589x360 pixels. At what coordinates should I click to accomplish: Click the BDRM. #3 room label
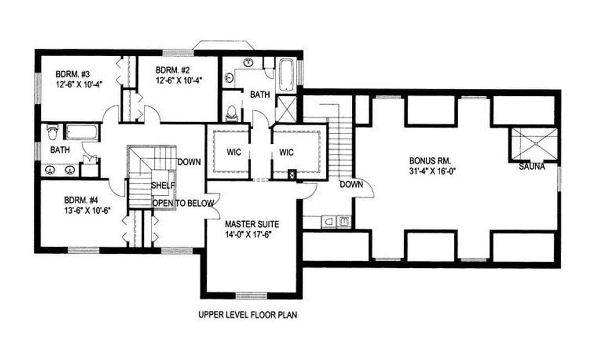pos(73,74)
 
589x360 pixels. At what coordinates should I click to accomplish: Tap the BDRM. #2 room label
pos(173,70)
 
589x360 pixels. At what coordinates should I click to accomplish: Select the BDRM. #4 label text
pos(81,200)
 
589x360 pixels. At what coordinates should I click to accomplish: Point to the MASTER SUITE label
pos(252,224)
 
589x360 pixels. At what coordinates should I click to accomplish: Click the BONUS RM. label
pos(430,161)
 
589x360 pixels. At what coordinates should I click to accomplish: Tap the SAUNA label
pos(532,166)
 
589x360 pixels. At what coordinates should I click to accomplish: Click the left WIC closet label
pos(233,152)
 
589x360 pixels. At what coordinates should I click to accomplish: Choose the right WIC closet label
pos(286,152)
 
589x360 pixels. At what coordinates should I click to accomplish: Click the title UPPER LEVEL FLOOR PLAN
pos(248,315)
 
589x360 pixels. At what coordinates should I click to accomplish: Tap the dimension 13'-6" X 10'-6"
pos(87,210)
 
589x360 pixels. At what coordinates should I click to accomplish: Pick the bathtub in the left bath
pos(82,133)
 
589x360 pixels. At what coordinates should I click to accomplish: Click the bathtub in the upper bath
pos(286,75)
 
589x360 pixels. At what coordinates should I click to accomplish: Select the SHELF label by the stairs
pos(163,185)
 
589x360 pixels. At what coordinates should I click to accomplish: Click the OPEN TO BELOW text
pos(183,203)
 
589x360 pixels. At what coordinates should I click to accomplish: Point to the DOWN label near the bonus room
pos(351,184)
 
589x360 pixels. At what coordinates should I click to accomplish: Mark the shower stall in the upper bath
pos(286,109)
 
